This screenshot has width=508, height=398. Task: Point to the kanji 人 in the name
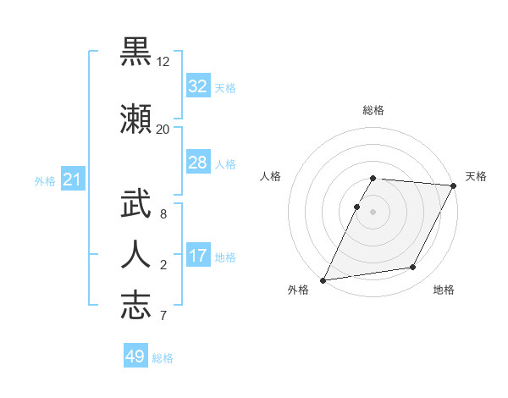(136, 254)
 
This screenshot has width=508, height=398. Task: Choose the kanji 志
(136, 304)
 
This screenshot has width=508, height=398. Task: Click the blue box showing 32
(197, 86)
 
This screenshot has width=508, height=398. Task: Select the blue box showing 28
(197, 163)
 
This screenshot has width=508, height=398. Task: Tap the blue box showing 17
(197, 256)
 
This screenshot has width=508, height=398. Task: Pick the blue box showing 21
(72, 180)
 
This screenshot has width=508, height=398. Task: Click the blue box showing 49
(135, 357)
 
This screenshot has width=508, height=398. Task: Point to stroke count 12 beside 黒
(163, 62)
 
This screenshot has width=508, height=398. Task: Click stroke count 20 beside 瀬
(163, 130)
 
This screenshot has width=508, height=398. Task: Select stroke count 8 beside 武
(163, 215)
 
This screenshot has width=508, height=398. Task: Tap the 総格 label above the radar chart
(373, 110)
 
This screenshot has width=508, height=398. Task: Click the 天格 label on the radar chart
(476, 176)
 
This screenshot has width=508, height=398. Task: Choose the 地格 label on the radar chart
(444, 290)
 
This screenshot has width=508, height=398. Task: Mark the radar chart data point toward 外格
(323, 280)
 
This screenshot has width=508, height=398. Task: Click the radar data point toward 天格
(455, 185)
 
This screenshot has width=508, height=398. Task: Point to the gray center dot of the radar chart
(373, 212)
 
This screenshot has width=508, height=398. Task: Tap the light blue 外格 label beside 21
(45, 181)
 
